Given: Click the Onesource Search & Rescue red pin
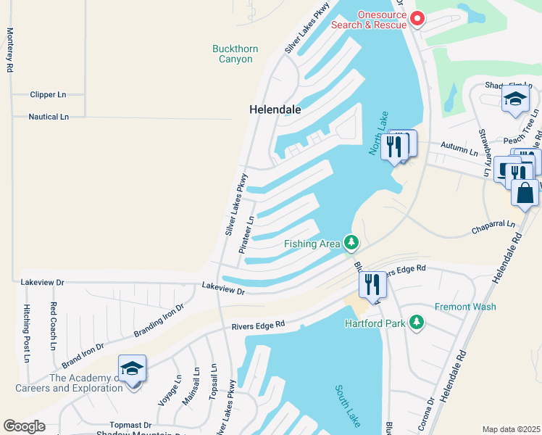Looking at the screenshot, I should click(x=417, y=18).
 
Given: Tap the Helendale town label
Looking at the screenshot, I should click(x=275, y=109).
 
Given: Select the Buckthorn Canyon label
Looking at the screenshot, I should click(x=235, y=54).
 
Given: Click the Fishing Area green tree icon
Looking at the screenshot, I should click(x=351, y=242).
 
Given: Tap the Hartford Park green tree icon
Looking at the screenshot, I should click(x=417, y=321).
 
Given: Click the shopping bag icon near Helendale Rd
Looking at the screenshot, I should click(x=525, y=193).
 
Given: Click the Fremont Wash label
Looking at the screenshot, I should click(x=465, y=307).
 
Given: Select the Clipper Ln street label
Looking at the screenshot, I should click(x=48, y=95).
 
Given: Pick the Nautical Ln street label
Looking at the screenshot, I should click(x=48, y=117).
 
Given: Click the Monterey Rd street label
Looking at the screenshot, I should click(x=10, y=50).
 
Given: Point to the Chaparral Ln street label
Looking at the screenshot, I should click(x=493, y=225).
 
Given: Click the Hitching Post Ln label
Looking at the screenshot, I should click(x=27, y=333).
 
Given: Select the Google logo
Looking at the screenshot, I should click(x=24, y=426).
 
